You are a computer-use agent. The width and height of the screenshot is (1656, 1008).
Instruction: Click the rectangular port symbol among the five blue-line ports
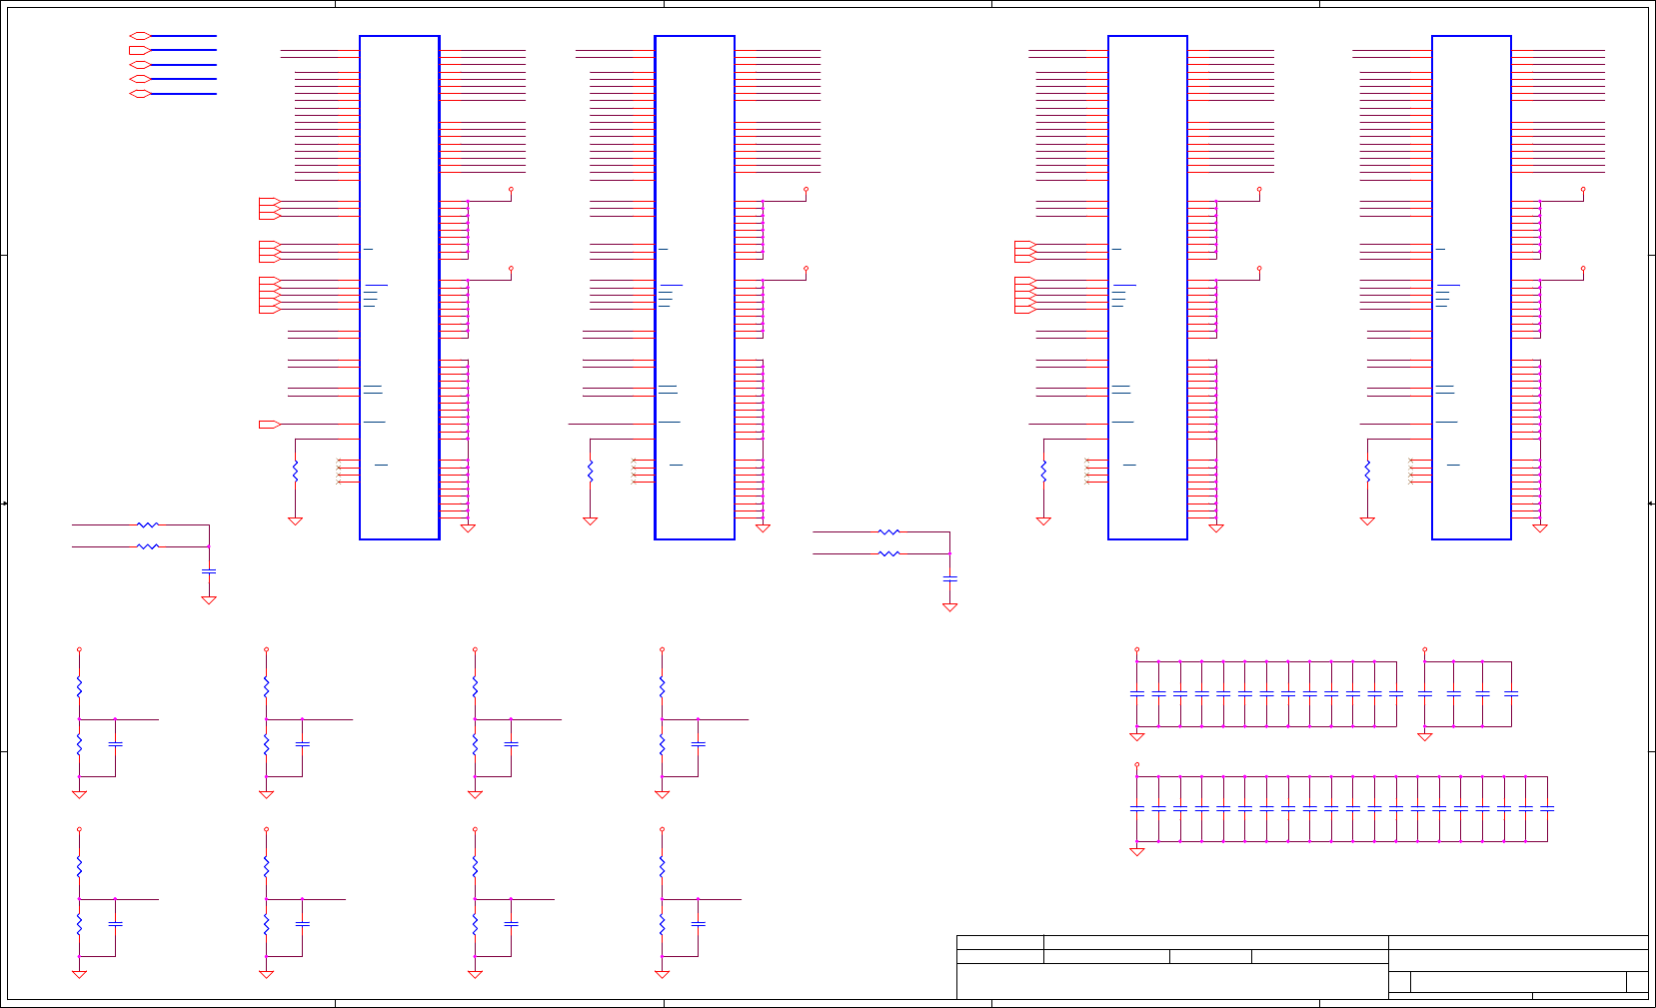[139, 50]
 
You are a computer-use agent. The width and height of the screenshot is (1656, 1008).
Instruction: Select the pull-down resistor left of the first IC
[295, 471]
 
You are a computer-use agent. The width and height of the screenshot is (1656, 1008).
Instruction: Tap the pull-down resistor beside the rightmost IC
[1367, 471]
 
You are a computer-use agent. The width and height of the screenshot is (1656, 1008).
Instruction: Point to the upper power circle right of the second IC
[806, 189]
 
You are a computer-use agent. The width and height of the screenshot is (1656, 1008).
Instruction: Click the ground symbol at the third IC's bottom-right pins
[1216, 528]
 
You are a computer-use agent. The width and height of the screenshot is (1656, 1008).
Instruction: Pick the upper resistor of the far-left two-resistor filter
[148, 524]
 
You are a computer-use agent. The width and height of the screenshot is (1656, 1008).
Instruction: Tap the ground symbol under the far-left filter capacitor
[209, 600]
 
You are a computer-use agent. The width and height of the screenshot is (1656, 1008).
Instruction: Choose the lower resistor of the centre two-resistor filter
[888, 553]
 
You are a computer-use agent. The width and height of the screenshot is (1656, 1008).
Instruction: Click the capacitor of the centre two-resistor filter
[950, 578]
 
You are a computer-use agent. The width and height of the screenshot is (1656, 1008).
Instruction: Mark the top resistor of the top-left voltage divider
[79, 687]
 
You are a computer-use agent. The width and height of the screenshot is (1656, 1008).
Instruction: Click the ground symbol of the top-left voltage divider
[79, 795]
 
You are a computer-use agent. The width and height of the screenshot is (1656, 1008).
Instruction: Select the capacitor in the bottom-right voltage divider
[699, 924]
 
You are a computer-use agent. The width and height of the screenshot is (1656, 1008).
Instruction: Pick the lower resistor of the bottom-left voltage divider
[79, 925]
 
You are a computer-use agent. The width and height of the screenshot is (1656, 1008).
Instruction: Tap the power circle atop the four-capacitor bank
[1425, 650]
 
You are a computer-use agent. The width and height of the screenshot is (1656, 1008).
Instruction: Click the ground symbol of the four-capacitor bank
[1425, 737]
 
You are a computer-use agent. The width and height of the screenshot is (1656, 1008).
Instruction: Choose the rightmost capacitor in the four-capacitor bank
[1511, 693]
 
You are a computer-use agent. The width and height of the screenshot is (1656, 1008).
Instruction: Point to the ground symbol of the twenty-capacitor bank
[1136, 852]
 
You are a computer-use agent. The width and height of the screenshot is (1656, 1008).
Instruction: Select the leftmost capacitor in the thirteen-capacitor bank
[1136, 693]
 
